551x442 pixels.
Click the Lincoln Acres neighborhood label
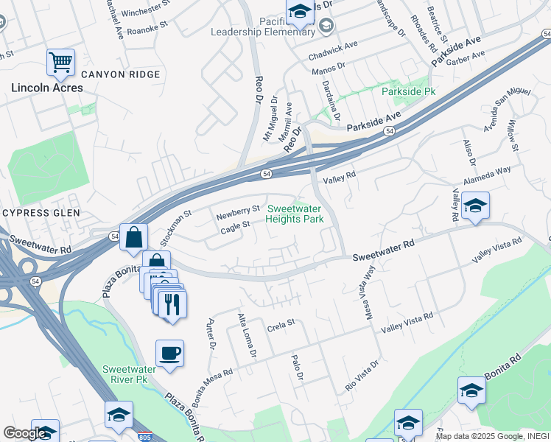coord(46,88)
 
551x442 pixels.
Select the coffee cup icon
coord(169,354)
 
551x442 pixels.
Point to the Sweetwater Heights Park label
coord(295,214)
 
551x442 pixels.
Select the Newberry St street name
coord(238,214)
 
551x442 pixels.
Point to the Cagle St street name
coord(236,229)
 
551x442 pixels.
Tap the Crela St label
coord(281,323)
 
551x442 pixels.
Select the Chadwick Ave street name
coord(334,46)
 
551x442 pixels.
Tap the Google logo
coord(24,433)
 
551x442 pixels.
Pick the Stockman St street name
coord(176,226)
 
